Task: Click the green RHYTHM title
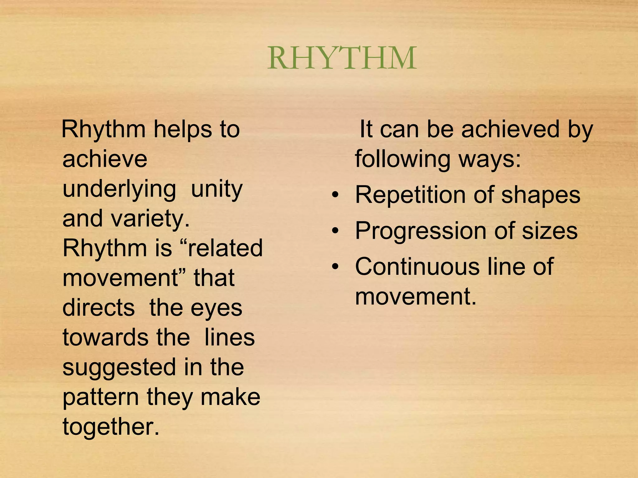click(x=342, y=58)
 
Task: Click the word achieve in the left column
click(x=105, y=159)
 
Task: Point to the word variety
click(x=150, y=218)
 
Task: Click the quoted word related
click(x=222, y=248)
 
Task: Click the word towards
click(x=105, y=337)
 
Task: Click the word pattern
click(x=101, y=397)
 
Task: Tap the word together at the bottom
click(x=111, y=427)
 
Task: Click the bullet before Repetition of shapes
click(x=335, y=195)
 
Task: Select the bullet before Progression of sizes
click(x=335, y=231)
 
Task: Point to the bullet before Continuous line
click(x=335, y=267)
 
